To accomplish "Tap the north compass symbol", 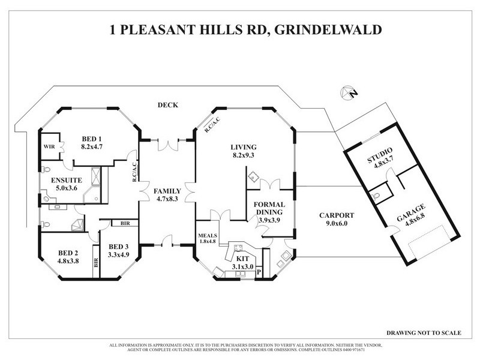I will pos(347,92).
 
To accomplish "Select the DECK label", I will pos(166,104).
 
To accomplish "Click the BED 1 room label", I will pos(92,138).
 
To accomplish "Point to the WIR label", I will pos(50,146).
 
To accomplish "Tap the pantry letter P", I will pos(259,271).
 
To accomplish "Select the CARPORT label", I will pos(337,216).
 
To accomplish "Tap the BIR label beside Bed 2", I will pos(95,262).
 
